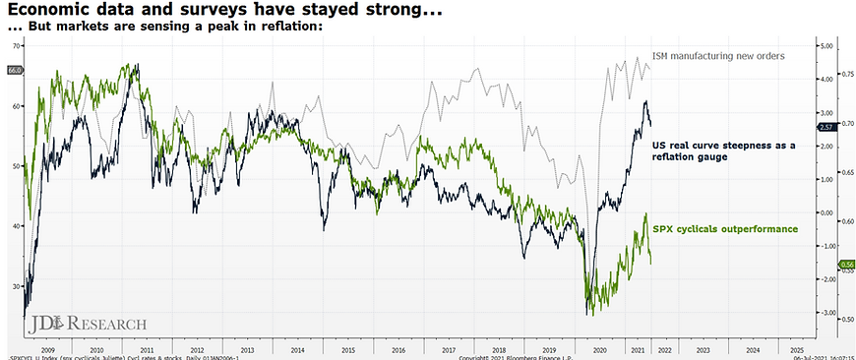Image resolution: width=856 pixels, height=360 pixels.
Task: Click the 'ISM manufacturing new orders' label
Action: (718, 56)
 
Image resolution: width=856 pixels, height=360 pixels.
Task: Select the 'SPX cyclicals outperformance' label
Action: (725, 228)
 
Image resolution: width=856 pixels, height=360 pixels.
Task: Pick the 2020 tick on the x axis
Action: (595, 348)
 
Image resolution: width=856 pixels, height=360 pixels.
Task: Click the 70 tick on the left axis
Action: (15, 46)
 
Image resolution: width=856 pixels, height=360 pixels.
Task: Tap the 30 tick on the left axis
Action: (15, 286)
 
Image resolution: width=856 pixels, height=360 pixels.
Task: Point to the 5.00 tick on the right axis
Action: (826, 46)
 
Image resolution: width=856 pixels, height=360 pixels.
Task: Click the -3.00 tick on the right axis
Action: (826, 313)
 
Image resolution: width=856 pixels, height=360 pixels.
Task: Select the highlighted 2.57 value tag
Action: (827, 128)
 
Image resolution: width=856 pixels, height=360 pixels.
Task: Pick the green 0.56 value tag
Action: (845, 264)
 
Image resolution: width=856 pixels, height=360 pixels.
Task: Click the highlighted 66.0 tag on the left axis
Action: (14, 71)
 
